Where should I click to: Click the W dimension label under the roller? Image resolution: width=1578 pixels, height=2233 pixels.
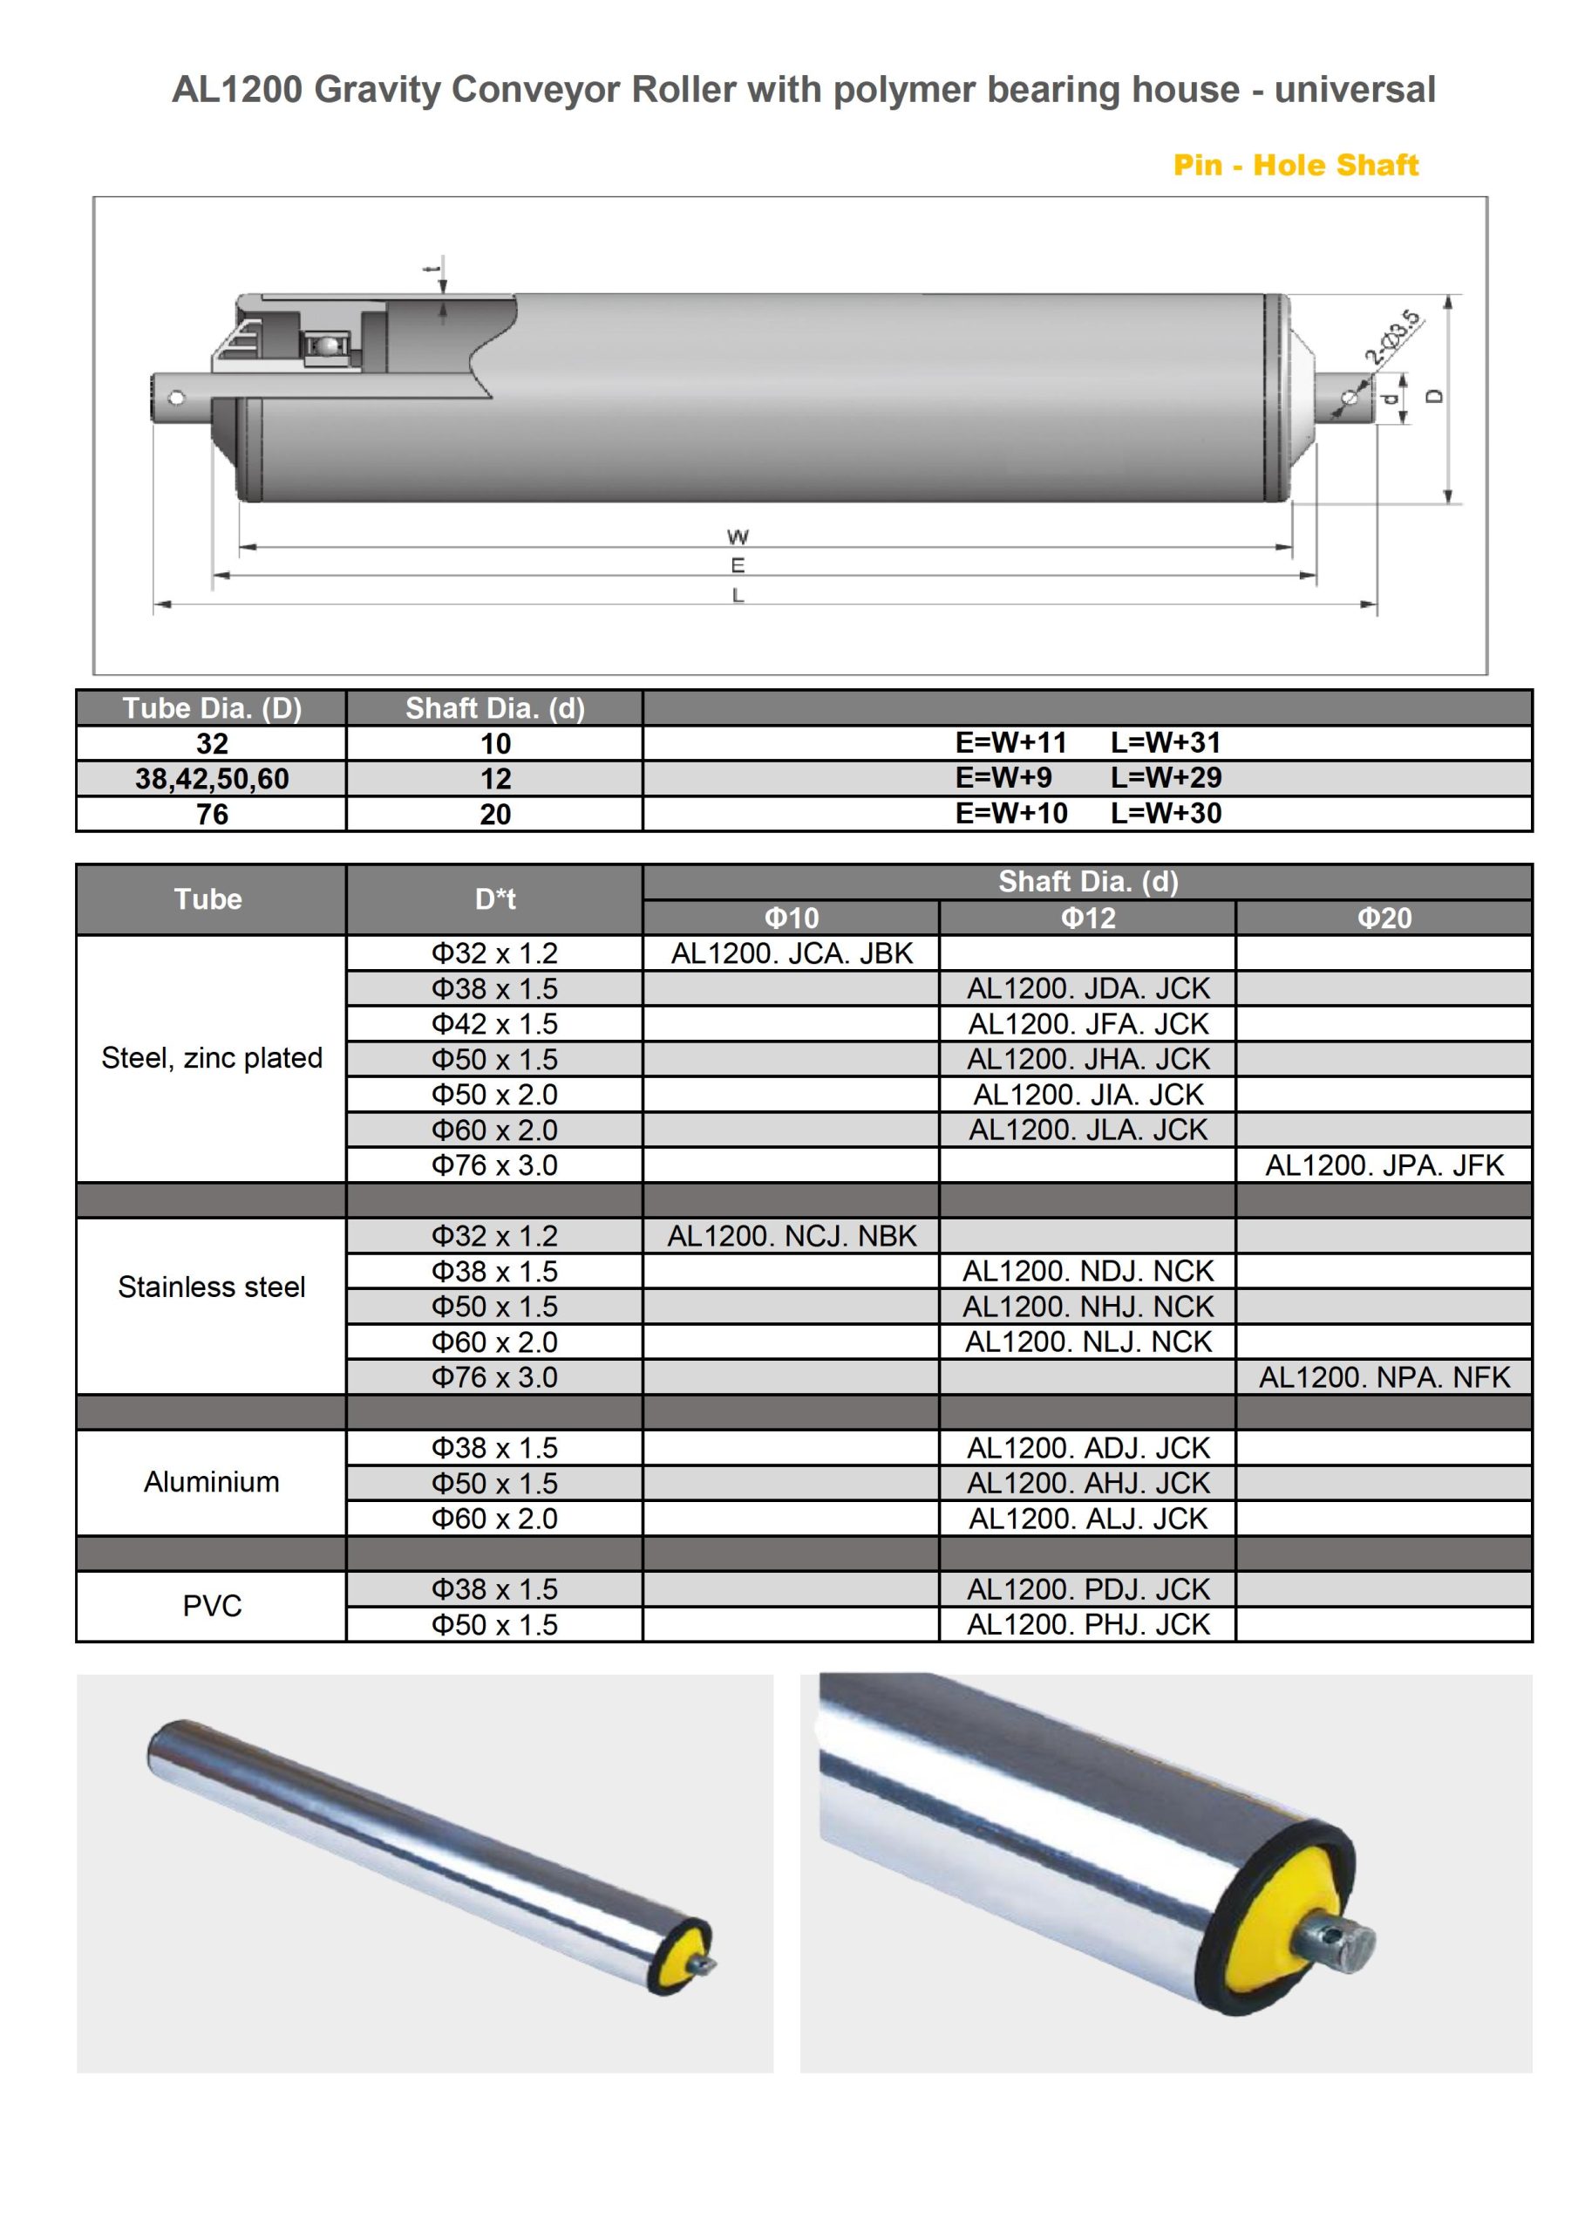737,536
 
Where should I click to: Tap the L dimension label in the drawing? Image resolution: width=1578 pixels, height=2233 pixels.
738,595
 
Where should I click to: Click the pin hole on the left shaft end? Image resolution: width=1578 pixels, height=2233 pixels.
176,398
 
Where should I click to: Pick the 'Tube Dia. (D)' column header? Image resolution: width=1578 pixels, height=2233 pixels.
212,708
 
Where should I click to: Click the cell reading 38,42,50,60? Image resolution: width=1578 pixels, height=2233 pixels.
212,779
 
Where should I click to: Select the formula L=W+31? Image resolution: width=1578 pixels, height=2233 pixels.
1165,743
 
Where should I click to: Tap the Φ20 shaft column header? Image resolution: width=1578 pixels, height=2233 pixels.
1384,917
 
